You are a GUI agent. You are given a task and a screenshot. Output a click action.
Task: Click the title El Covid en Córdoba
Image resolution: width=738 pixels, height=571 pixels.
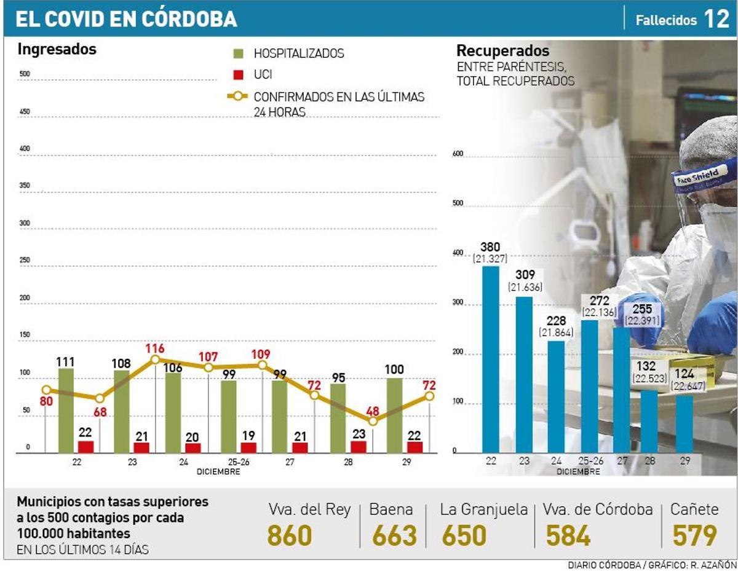126,19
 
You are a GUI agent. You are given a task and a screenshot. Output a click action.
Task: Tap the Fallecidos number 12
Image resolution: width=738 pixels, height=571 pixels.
716,20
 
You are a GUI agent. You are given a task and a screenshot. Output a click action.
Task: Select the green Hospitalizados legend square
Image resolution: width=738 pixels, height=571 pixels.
239,53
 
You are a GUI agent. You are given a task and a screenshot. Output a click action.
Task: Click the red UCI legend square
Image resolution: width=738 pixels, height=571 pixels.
239,75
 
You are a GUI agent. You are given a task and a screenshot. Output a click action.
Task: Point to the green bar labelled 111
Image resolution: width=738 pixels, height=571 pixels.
66,411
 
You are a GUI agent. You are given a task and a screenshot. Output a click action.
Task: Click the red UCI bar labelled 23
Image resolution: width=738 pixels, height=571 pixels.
358,447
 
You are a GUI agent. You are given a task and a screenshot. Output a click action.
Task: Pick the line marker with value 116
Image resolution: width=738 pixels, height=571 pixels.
155,360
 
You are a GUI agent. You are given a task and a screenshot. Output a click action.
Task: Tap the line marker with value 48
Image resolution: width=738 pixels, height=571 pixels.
373,421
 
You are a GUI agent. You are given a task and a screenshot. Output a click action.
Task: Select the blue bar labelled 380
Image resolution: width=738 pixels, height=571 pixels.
490,360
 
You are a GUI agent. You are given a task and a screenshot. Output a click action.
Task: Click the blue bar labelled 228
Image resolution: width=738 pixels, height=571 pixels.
556,396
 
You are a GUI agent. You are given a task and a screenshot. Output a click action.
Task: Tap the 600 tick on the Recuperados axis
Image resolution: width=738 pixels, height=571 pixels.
457,154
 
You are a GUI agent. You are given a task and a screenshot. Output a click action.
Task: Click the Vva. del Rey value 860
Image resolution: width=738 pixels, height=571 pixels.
290,536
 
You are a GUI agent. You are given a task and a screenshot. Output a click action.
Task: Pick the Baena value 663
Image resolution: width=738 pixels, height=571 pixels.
394,536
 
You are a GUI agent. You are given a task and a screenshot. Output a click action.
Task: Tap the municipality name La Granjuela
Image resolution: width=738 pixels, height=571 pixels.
483,510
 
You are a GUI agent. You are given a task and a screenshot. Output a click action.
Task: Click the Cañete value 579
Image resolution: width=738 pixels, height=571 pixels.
694,536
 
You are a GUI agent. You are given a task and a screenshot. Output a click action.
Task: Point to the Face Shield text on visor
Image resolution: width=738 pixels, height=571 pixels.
697,176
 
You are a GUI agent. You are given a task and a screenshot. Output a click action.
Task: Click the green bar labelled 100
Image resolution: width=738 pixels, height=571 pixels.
394,415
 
